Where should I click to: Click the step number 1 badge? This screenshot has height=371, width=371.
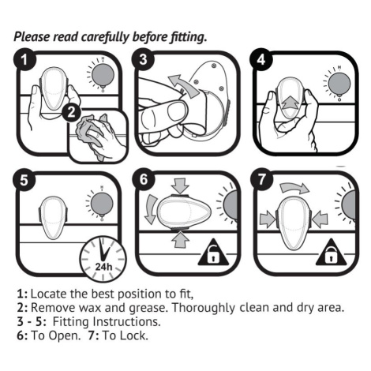(x=24, y=59)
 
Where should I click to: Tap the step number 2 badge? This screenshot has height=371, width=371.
(x=71, y=113)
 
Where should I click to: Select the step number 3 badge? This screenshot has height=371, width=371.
(x=143, y=59)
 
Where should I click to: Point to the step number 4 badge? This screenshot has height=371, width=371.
(x=261, y=59)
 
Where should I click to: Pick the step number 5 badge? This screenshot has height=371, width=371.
(x=24, y=181)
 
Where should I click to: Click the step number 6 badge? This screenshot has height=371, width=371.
(x=144, y=180)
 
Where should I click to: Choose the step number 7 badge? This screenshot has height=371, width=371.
(x=262, y=180)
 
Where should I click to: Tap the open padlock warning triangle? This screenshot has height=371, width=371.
(x=213, y=253)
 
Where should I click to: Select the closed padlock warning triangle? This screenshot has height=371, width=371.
(x=331, y=253)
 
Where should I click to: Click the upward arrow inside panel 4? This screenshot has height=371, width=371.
(x=290, y=103)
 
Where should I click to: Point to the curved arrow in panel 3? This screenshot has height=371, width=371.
(x=183, y=85)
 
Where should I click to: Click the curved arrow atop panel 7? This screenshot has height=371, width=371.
(x=294, y=188)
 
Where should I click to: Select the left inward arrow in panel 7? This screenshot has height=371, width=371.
(x=268, y=219)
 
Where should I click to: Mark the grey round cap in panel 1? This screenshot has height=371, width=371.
(x=103, y=76)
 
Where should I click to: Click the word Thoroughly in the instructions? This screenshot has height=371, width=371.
(x=204, y=308)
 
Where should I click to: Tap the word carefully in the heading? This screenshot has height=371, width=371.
(x=106, y=37)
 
